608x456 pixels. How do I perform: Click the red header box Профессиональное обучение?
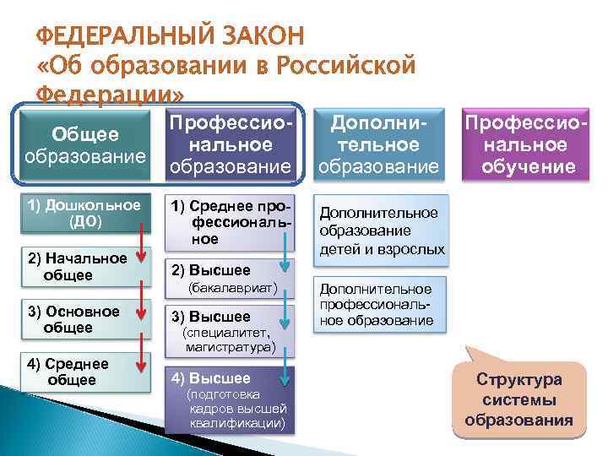point(524,145)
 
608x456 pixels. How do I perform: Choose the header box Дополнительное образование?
point(378,145)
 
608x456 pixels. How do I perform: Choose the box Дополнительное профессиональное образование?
point(378,304)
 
